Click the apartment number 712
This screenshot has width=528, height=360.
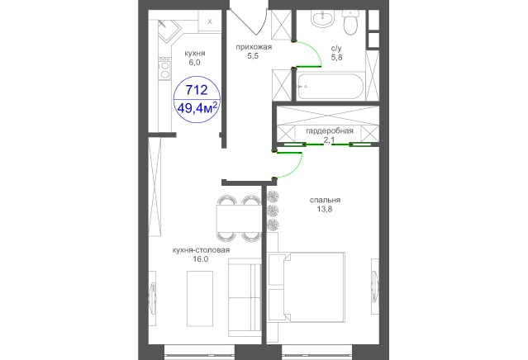(197, 90)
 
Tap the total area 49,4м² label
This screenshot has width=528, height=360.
(197, 108)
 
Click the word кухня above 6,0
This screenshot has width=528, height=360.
(195, 53)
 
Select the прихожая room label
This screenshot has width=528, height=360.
(253, 47)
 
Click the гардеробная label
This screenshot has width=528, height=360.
(330, 131)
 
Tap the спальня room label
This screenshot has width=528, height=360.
(325, 200)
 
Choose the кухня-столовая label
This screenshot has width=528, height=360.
(201, 250)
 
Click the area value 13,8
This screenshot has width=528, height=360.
(325, 209)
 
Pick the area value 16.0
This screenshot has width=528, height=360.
(201, 259)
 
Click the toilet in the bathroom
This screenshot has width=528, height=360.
(350, 21)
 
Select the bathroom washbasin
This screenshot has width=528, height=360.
(322, 18)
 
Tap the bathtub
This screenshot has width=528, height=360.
(331, 86)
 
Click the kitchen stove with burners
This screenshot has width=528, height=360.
(164, 69)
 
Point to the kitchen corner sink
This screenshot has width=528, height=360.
(169, 31)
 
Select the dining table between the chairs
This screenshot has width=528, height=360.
(239, 218)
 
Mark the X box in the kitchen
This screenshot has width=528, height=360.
(210, 21)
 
